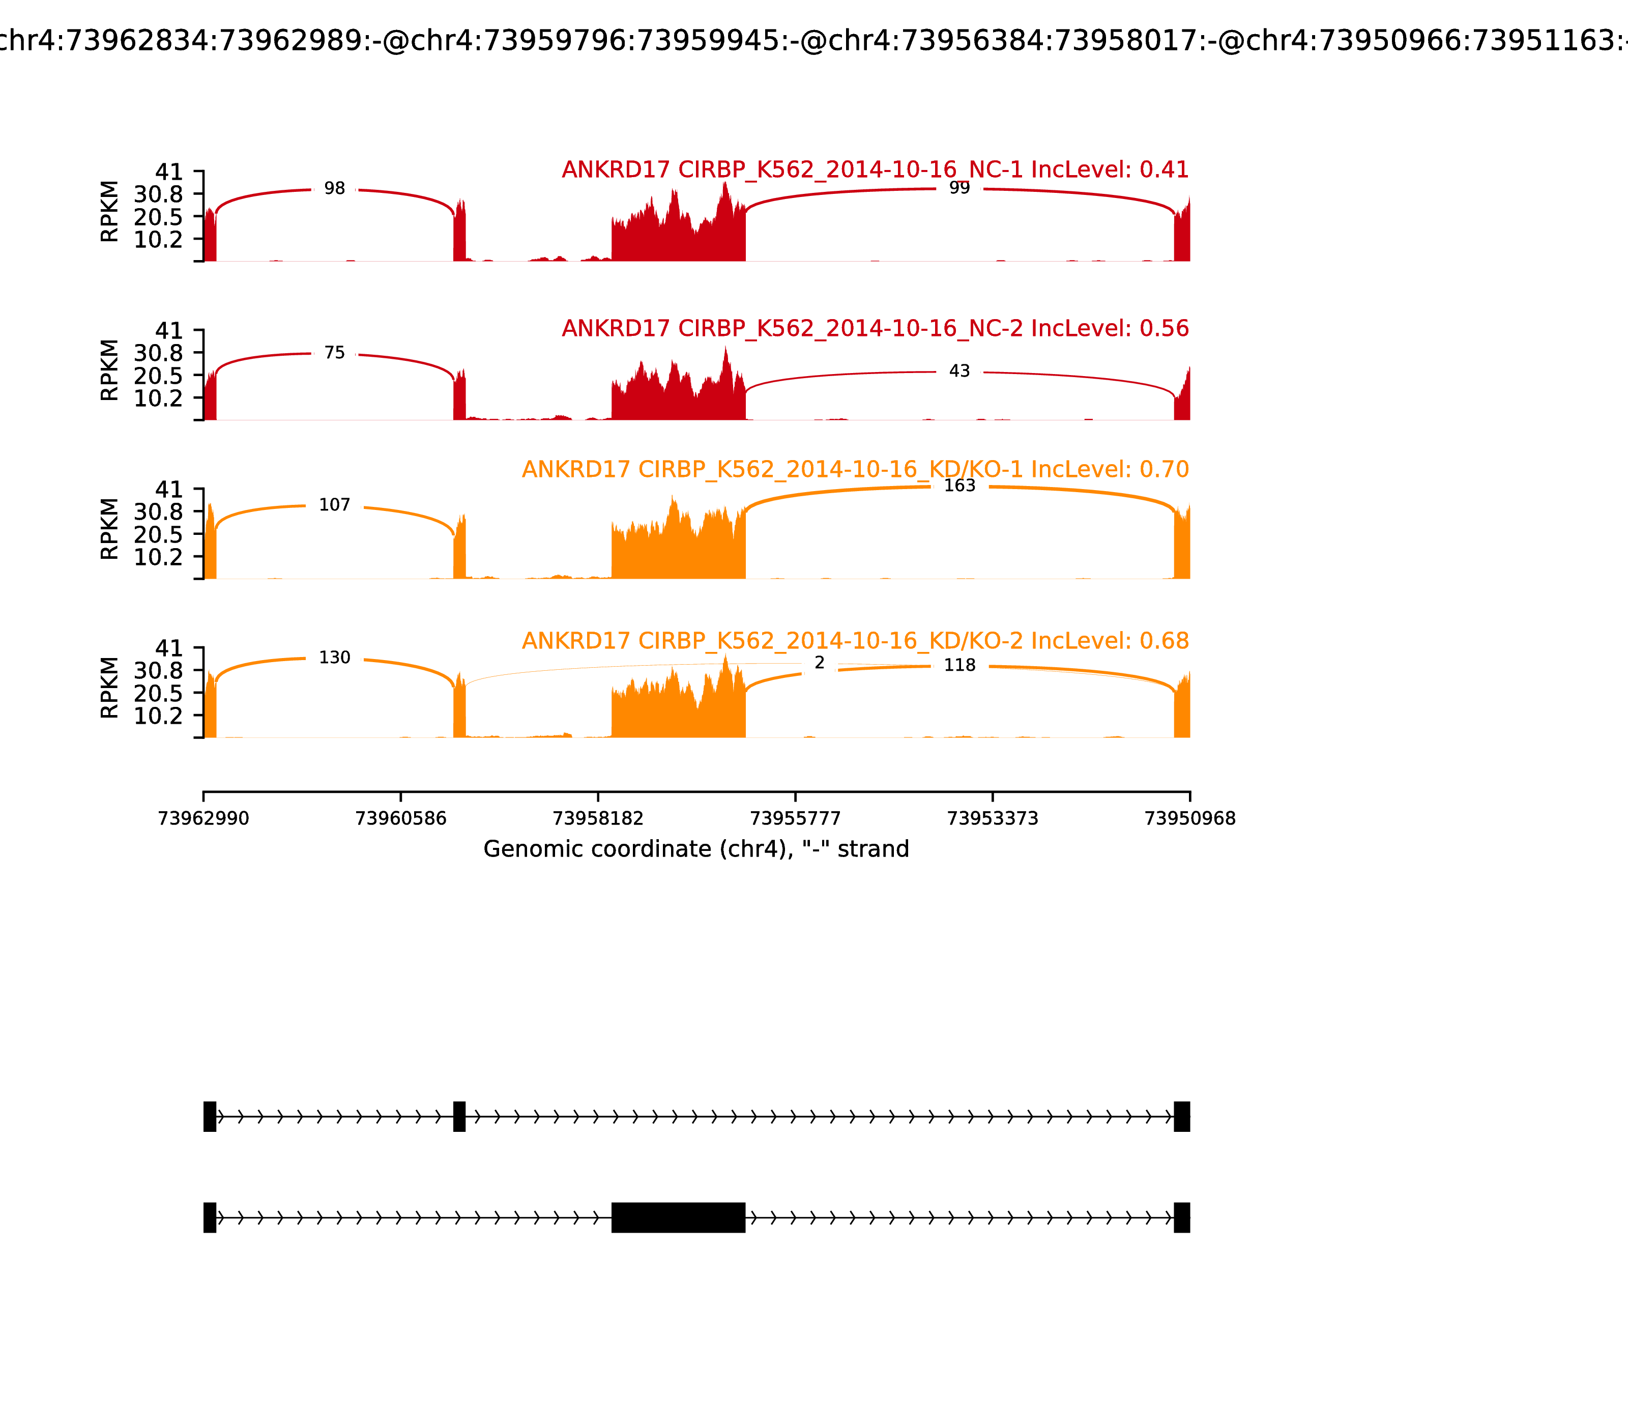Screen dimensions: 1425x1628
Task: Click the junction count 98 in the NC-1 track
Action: [335, 188]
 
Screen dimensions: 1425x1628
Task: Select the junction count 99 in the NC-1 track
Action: [960, 188]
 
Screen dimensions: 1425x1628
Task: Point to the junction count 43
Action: [960, 372]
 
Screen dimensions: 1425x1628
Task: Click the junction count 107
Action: [335, 505]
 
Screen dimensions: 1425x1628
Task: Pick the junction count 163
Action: [960, 486]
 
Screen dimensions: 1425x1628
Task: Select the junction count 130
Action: [335, 658]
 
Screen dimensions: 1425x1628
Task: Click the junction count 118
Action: [960, 666]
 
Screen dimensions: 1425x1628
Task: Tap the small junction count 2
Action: [820, 663]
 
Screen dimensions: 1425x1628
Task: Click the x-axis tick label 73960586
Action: [401, 818]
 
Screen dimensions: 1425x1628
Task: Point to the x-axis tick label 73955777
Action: [795, 818]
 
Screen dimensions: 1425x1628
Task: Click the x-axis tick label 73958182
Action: [598, 818]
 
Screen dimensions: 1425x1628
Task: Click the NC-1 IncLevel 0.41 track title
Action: [875, 170]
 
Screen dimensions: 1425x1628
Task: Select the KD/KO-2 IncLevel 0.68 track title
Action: [855, 641]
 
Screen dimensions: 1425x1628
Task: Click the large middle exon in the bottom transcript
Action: [678, 1217]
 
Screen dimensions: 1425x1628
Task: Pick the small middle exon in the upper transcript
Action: [459, 1117]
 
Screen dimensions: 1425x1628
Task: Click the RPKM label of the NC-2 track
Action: [110, 370]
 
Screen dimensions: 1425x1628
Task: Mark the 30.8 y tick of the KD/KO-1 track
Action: [158, 512]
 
